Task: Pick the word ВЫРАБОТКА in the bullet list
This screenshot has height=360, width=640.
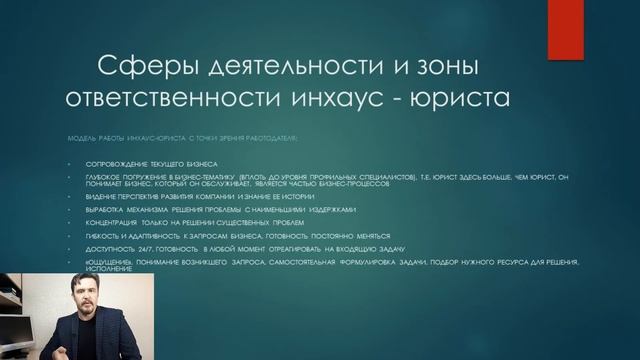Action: pos(93,212)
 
